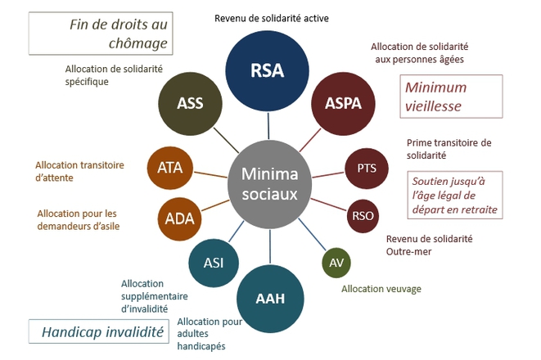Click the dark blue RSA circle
pyautogui.click(x=267, y=70)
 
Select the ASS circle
pyautogui.click(x=190, y=103)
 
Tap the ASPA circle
pyautogui.click(x=343, y=103)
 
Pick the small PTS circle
pyautogui.click(x=367, y=169)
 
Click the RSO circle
pyautogui.click(x=363, y=216)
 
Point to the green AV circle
pyautogui.click(x=336, y=263)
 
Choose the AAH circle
pyautogui.click(x=270, y=299)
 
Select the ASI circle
pyautogui.click(x=214, y=263)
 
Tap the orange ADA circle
pyautogui.click(x=179, y=219)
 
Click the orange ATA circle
pyautogui.click(x=169, y=168)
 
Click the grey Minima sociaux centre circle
pyautogui.click(x=269, y=184)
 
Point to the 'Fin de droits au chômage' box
pyautogui.click(x=101, y=34)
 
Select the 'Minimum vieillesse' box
pyautogui.click(x=451, y=97)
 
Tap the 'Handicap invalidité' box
pyautogui.click(x=99, y=331)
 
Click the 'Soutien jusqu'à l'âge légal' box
pyautogui.click(x=455, y=196)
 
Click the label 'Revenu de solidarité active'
pyautogui.click(x=272, y=18)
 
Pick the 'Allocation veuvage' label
pyautogui.click(x=381, y=289)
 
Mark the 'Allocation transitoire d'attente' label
pyautogui.click(x=79, y=171)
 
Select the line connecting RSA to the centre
pyautogui.click(x=268, y=126)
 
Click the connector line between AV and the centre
pyautogui.click(x=312, y=234)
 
